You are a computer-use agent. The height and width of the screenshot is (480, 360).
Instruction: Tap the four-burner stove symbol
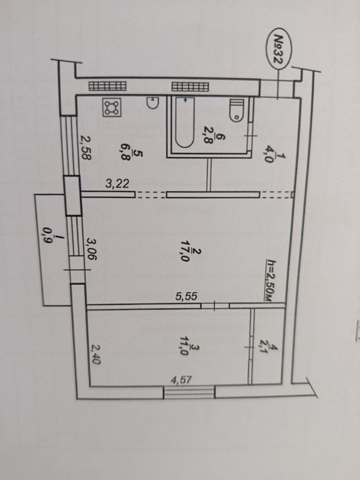pyautogui.click(x=112, y=107)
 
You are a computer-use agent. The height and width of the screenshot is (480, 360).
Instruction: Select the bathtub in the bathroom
pyautogui.click(x=185, y=123)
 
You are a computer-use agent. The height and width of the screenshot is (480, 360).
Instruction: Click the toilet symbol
pyautogui.click(x=237, y=110)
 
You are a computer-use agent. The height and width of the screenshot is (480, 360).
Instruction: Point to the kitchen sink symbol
pyautogui.click(x=152, y=103)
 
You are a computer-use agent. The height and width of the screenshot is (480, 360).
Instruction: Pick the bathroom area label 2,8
pyautogui.click(x=213, y=137)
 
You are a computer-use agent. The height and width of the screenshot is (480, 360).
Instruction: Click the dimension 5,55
pyautogui.click(x=186, y=296)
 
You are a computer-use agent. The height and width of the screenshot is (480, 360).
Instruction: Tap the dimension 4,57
pyautogui.click(x=181, y=380)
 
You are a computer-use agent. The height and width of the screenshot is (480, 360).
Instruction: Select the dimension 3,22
pyautogui.click(x=117, y=184)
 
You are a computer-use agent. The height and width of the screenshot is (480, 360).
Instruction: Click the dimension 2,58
pyautogui.click(x=86, y=147)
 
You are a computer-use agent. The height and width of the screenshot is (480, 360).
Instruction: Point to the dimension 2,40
pyautogui.click(x=95, y=355)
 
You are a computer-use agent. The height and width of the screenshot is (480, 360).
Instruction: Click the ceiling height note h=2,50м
pyautogui.click(x=269, y=280)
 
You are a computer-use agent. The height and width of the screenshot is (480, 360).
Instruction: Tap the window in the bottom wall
pyautogui.click(x=189, y=392)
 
